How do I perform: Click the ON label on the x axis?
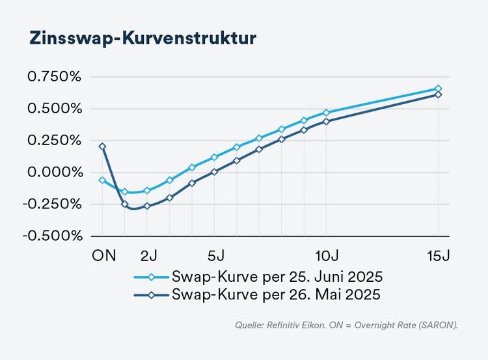103,254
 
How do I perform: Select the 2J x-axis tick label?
149,254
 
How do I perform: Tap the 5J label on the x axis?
216,254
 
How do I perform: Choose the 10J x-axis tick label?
327,254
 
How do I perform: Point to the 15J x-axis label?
438,254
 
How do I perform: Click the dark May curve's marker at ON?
102,146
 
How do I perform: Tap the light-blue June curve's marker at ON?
102,180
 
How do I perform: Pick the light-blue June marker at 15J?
438,89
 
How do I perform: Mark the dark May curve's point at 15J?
438,94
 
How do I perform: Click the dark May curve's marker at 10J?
326,121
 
